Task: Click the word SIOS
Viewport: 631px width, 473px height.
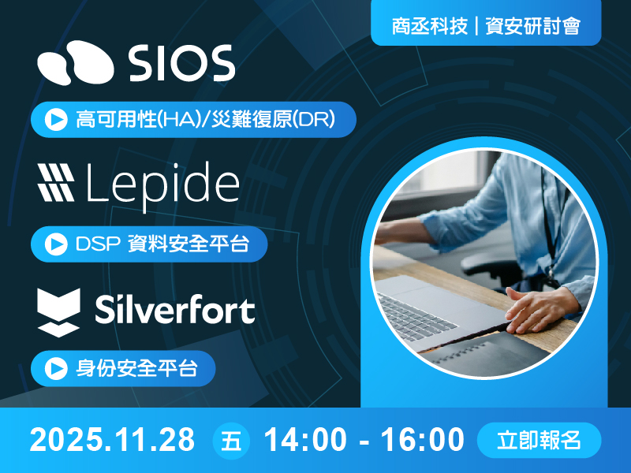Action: click(182, 62)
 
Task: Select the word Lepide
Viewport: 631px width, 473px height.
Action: click(161, 184)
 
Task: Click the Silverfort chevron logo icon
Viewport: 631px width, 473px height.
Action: click(59, 311)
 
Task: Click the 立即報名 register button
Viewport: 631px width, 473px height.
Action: click(540, 440)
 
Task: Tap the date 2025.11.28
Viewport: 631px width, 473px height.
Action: click(113, 440)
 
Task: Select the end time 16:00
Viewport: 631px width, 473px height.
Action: click(423, 440)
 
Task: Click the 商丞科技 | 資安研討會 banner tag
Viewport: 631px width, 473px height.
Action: click(486, 26)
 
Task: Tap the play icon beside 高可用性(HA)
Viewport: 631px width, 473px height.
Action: click(55, 121)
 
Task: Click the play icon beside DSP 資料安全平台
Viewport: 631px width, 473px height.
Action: click(55, 244)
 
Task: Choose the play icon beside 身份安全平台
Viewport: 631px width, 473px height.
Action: click(55, 368)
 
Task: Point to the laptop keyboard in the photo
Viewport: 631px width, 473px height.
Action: click(418, 311)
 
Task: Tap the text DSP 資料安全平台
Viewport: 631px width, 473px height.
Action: click(162, 244)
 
